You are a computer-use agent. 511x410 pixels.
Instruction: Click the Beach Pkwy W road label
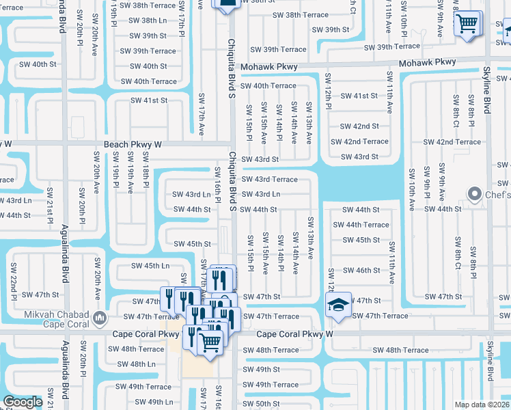tap(133, 145)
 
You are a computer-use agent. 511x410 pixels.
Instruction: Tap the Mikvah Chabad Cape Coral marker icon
tap(100, 316)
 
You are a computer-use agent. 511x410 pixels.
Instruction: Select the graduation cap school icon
tap(337, 305)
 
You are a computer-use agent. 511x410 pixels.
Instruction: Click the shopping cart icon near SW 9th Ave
tap(467, 23)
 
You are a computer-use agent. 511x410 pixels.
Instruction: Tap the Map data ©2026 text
tap(482, 405)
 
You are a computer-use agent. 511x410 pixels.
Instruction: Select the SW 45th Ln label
tap(150, 266)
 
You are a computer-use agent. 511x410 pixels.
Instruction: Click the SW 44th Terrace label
tap(361, 225)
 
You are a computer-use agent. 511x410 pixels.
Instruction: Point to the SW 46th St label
tap(361, 271)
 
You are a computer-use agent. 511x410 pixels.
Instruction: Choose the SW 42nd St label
tap(359, 126)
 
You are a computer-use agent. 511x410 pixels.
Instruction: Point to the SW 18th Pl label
tap(146, 175)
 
